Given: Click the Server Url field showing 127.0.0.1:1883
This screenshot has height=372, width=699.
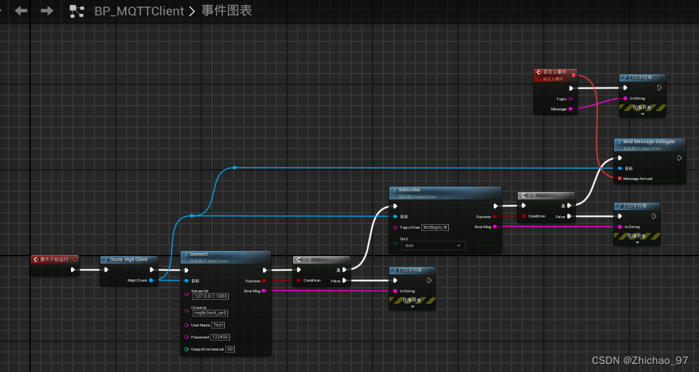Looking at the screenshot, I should [x=211, y=296].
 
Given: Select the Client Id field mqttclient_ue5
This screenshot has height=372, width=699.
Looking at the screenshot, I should [x=211, y=312].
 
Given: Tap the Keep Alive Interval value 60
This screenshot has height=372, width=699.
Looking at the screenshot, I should [x=230, y=349].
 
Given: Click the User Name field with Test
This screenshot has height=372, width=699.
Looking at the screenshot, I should [x=219, y=325].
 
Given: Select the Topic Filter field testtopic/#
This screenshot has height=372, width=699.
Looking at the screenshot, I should [x=435, y=227].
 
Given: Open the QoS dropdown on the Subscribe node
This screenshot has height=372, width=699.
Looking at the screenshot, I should [x=433, y=246].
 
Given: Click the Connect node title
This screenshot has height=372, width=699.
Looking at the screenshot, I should [x=199, y=254].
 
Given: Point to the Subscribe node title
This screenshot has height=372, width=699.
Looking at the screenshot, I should [x=409, y=190].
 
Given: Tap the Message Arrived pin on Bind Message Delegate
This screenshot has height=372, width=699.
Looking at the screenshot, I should [x=619, y=179].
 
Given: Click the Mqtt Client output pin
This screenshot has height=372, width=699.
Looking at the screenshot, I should [x=151, y=280].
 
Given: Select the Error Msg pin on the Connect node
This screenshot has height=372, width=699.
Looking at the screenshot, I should [x=264, y=291].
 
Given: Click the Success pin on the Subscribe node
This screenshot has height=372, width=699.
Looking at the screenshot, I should [x=494, y=217].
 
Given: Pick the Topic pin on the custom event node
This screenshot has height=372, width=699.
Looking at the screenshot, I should [x=570, y=99].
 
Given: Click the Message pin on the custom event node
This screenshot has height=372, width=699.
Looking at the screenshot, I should [x=570, y=109].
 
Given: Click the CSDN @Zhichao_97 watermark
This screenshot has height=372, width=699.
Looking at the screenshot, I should [x=639, y=361].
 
